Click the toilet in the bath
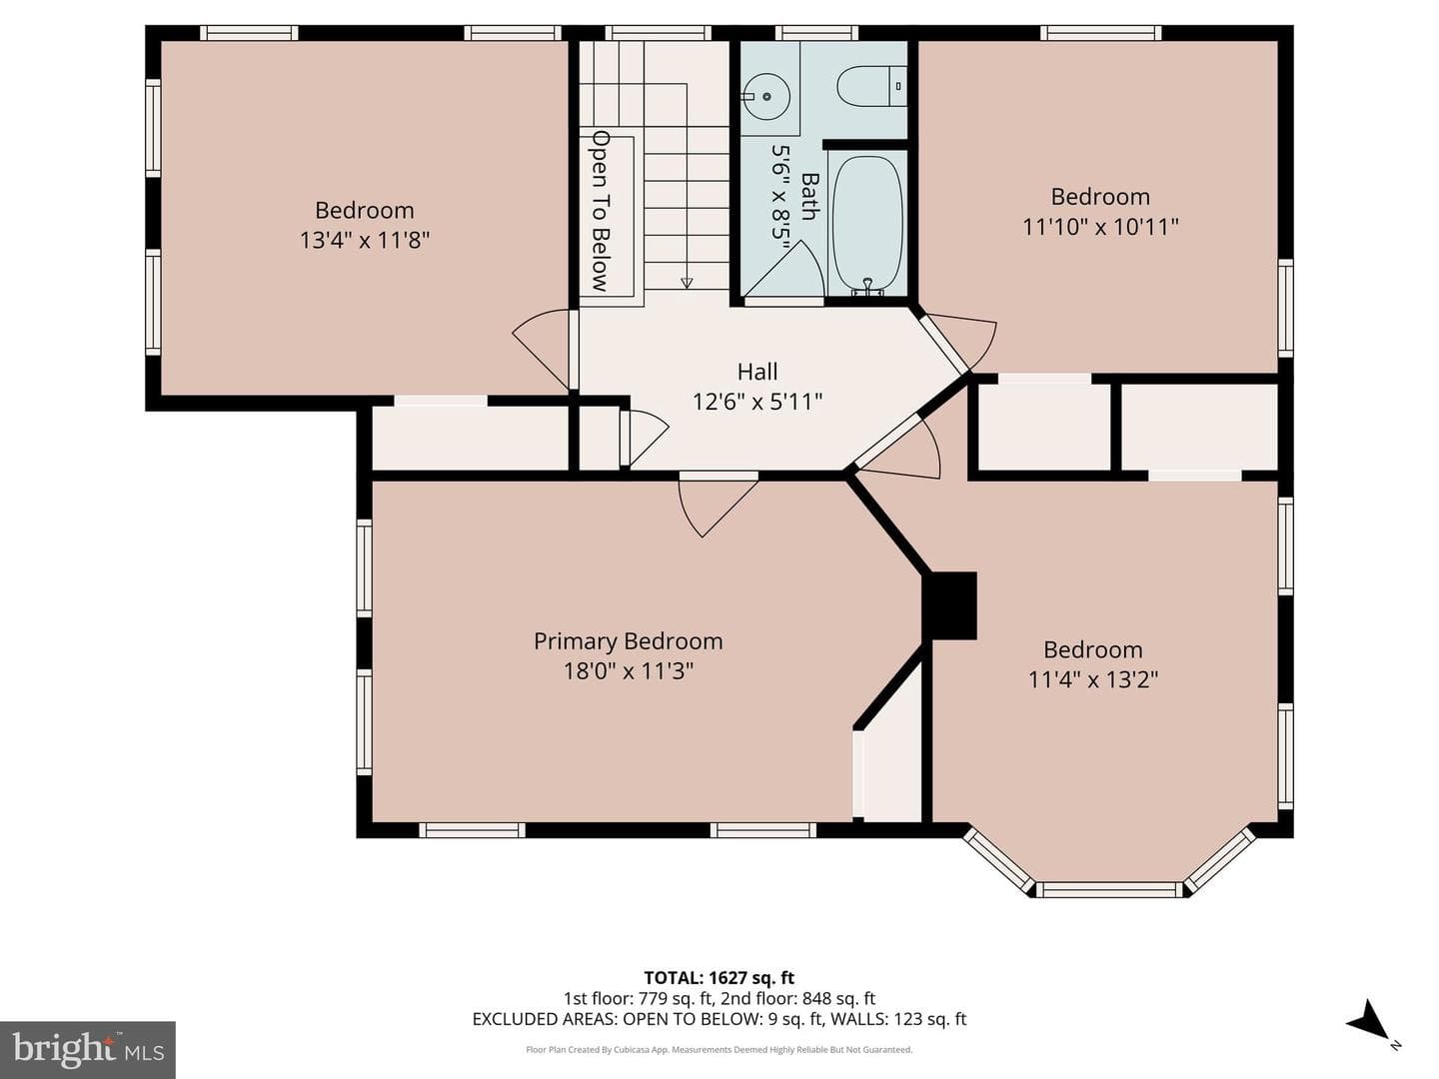click(871, 86)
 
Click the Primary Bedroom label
click(628, 640)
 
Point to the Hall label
click(757, 372)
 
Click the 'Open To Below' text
click(600, 210)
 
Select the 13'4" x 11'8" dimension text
click(365, 241)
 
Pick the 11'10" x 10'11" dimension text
click(1100, 228)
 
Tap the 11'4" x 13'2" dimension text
click(1093, 680)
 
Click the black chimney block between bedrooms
click(949, 605)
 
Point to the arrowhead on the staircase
click(687, 283)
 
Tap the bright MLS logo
click(88, 1049)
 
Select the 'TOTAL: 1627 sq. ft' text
click(719, 977)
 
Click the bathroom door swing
click(784, 270)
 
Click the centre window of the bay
click(1109, 889)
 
